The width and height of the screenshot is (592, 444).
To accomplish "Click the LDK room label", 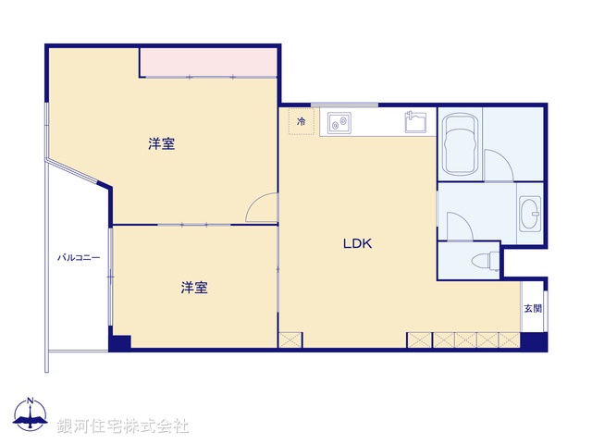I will point(357,244).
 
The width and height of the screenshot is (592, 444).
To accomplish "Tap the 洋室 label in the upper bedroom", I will point(162,144).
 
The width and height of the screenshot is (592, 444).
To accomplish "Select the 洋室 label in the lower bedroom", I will point(193,288).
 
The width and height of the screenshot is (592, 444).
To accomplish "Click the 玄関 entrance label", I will point(533,309).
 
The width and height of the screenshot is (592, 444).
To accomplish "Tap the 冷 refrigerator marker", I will point(301,121).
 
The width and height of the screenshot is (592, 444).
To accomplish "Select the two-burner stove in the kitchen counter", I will point(337,121).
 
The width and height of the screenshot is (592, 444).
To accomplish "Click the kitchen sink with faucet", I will point(416,121).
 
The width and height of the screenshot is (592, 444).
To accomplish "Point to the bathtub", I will point(461,144).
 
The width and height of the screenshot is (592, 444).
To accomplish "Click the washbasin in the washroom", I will point(531,216).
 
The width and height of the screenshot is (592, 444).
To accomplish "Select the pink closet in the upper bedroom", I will point(209,62).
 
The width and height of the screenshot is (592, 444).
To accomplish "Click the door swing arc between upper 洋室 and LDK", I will point(262,207).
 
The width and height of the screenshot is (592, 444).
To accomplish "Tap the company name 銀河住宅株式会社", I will point(122,426).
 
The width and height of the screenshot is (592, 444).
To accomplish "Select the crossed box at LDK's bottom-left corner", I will point(290,339).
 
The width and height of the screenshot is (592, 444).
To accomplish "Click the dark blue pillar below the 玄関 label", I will point(534,340).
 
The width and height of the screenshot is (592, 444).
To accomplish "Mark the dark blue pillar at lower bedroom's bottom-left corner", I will point(119,341).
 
